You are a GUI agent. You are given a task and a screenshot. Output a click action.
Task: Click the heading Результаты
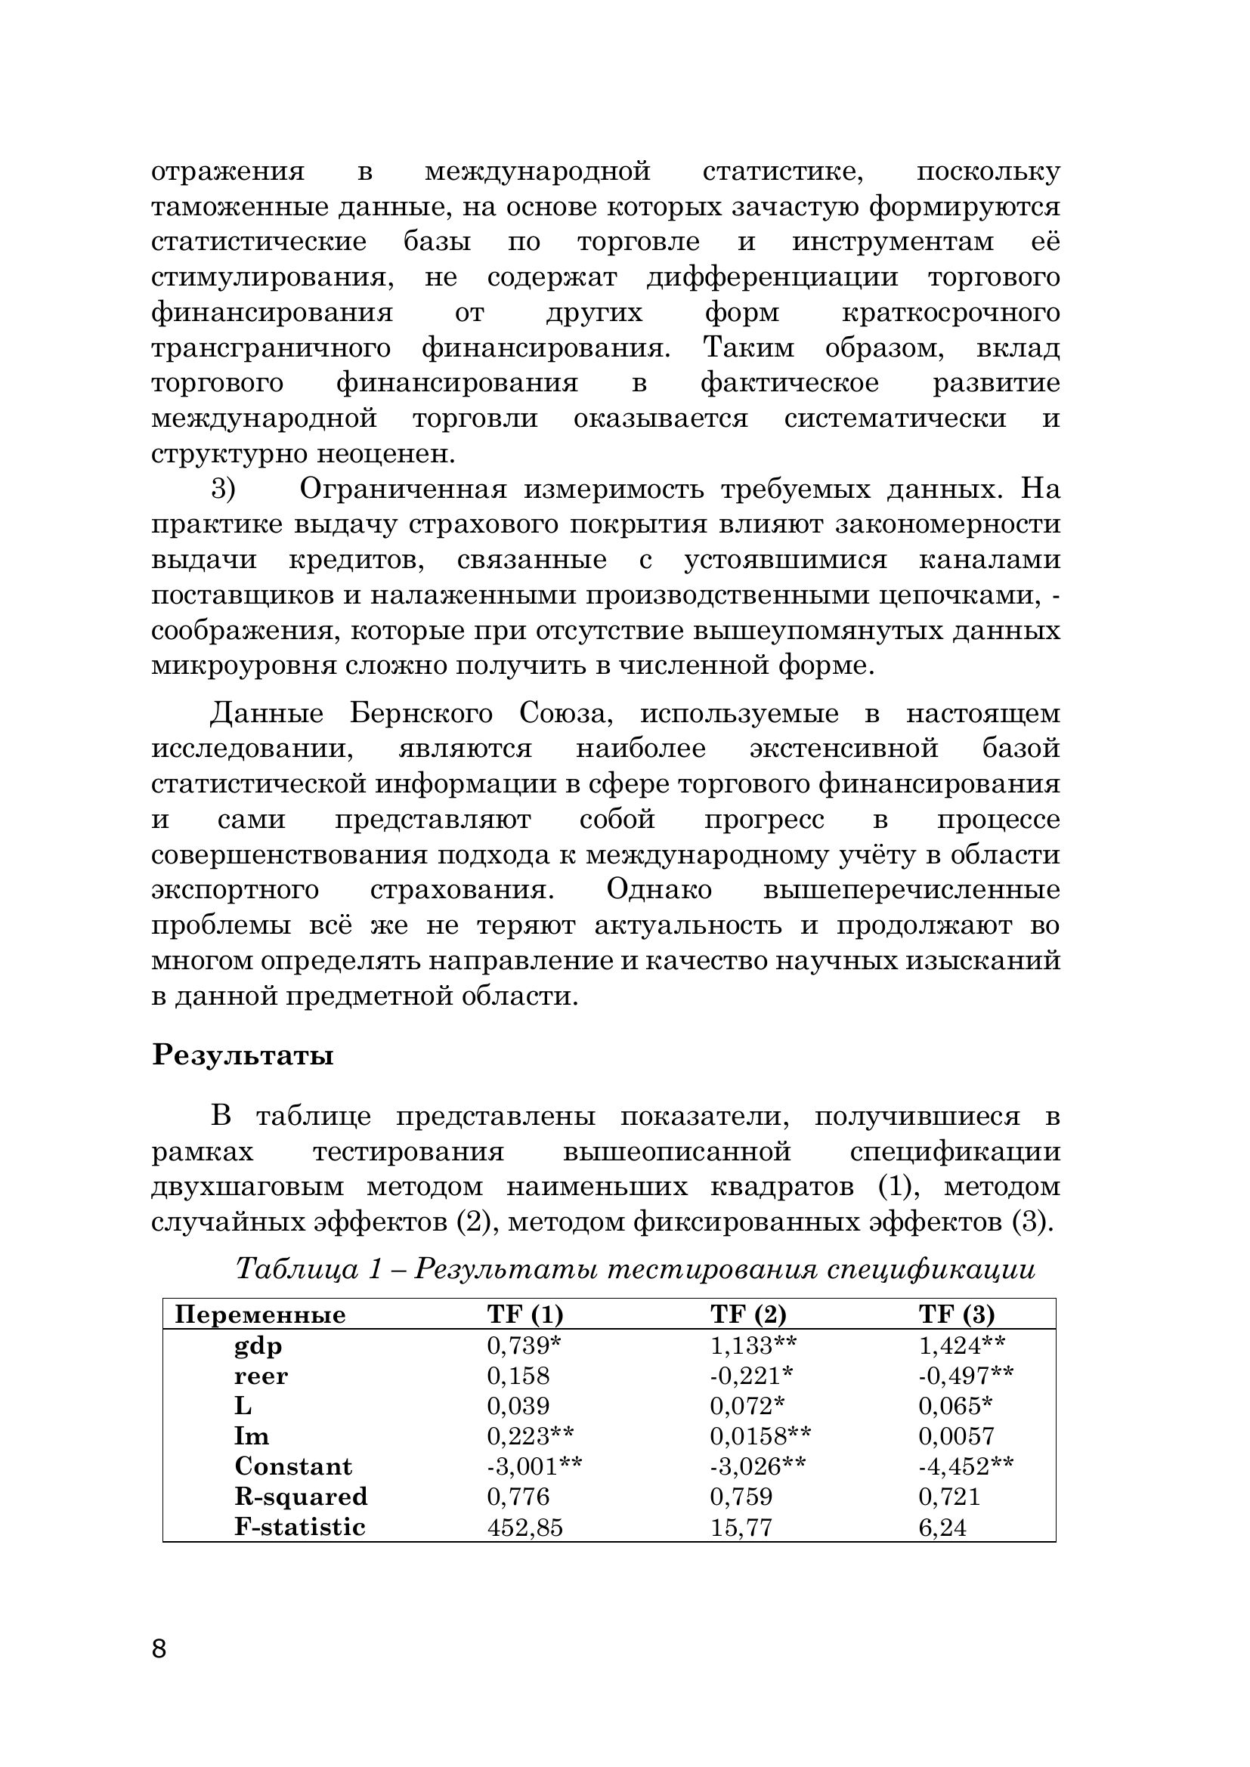pos(243,1055)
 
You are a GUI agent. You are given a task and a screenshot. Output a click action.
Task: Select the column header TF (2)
pos(747,1314)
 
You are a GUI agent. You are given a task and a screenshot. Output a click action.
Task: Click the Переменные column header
pos(260,1314)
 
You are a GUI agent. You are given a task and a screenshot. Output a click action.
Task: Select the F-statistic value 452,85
pos(525,1528)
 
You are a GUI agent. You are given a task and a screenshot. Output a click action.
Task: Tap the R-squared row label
pos(301,1497)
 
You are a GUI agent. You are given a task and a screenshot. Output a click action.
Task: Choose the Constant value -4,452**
pos(966,1467)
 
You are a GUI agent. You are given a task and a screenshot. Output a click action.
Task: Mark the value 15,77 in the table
pos(741,1528)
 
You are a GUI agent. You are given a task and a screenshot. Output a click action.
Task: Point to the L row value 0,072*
pos(747,1406)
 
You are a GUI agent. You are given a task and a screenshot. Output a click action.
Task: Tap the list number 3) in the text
pos(223,489)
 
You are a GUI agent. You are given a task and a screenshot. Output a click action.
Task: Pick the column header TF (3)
pos(956,1314)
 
